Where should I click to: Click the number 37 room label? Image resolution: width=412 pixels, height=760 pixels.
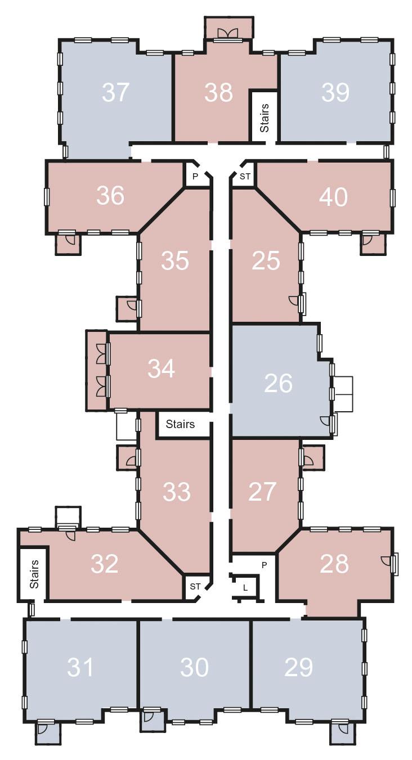point(116,92)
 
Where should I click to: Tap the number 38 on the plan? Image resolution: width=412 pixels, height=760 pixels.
point(218,92)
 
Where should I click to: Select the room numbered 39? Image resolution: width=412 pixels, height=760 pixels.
point(335,92)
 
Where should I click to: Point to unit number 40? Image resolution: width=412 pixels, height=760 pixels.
point(333,197)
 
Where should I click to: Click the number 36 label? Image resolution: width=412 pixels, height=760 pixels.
point(110,195)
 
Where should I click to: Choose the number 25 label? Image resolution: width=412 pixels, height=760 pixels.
point(266,260)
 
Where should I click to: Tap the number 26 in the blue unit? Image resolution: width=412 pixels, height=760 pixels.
point(278,383)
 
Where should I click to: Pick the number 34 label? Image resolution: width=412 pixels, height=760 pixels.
point(161,368)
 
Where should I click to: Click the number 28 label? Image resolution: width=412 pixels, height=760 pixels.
point(334,564)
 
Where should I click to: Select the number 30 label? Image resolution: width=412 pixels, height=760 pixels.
point(194,667)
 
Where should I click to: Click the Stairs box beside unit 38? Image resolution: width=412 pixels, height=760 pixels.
point(264,115)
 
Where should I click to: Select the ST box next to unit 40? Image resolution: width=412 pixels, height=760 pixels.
point(245,177)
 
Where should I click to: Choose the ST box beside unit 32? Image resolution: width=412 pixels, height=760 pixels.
point(195,586)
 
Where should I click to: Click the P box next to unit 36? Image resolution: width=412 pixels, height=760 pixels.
point(195,176)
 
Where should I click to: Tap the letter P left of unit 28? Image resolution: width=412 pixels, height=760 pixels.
point(265,565)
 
